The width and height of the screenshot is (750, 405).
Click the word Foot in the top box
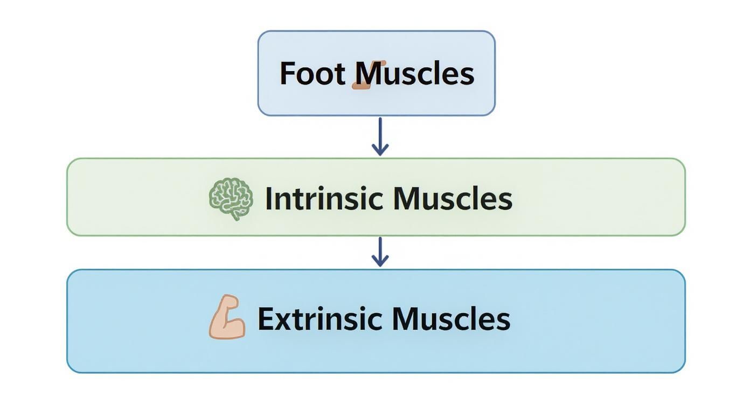(x=313, y=74)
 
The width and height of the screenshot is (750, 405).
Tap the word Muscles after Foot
(x=415, y=74)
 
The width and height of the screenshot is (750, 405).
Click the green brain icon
(x=231, y=199)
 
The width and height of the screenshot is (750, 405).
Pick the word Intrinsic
(x=324, y=199)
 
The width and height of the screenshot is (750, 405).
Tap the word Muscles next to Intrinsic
(x=453, y=199)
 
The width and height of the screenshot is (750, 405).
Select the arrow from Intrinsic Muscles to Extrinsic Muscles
(x=380, y=251)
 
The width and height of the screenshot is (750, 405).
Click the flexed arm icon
(x=227, y=317)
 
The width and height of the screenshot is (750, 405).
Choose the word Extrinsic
(x=320, y=319)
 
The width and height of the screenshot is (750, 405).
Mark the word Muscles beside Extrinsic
(x=451, y=319)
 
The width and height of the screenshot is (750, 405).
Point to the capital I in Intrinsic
(x=269, y=199)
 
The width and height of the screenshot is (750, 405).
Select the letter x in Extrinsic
(x=283, y=321)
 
